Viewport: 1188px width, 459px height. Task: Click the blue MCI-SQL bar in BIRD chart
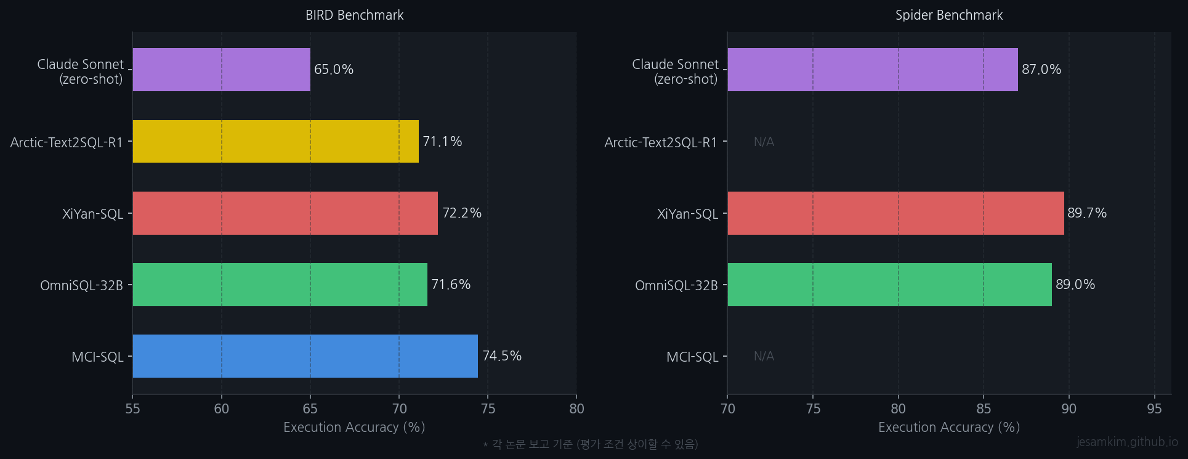[305, 356]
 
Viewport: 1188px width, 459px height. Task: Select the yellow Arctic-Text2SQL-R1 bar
[275, 142]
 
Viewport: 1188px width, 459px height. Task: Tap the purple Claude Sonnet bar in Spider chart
[872, 70]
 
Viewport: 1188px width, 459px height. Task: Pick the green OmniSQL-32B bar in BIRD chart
[280, 285]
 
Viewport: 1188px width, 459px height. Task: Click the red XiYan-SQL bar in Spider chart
[895, 213]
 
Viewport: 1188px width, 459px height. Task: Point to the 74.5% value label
[502, 356]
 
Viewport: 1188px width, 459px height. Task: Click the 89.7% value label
[1087, 213]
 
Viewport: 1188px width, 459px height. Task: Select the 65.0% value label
[334, 70]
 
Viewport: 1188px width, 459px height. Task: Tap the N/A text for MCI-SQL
[764, 356]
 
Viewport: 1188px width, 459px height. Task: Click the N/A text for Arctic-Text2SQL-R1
[764, 142]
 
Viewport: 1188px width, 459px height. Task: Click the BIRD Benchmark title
[354, 15]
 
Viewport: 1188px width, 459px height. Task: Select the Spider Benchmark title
[949, 15]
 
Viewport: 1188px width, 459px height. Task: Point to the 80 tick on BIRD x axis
[576, 409]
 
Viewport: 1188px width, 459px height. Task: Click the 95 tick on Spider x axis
[1154, 409]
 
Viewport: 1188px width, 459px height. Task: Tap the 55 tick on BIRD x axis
[132, 409]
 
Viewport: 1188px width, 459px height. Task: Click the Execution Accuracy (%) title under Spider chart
[949, 428]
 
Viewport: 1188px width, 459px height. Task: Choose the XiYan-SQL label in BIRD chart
[93, 214]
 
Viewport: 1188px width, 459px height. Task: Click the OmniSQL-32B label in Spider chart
[676, 285]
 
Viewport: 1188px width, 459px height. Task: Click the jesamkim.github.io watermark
[1127, 442]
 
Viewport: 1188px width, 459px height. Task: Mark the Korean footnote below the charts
[591, 444]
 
